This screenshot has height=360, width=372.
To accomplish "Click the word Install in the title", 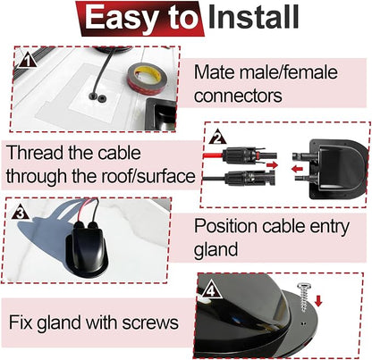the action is click(254, 17).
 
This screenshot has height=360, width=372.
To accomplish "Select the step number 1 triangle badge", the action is click(27, 61).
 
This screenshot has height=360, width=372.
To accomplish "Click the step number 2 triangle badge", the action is click(218, 138).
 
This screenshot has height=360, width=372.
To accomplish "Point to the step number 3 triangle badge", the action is click(21, 213).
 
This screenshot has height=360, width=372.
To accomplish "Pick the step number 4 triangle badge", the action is click(211, 289).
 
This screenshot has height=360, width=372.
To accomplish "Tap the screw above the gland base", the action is click(304, 297).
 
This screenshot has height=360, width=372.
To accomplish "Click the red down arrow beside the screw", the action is click(318, 300).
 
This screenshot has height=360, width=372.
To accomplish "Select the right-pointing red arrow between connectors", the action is click(272, 164).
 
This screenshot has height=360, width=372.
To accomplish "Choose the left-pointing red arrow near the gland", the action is click(297, 169).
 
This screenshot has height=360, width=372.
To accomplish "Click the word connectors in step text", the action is click(238, 96).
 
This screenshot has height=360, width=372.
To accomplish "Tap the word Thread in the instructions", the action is click(34, 153).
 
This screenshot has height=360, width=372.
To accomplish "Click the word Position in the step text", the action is click(225, 226).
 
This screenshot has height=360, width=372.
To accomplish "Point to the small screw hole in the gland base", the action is click(303, 322).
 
